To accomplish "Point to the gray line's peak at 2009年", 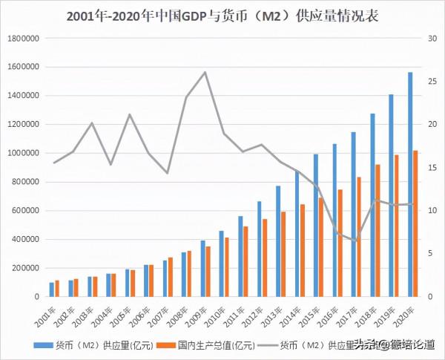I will point(205,72).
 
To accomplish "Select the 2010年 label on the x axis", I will point(214,315).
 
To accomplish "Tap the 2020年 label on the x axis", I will point(403,315).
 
